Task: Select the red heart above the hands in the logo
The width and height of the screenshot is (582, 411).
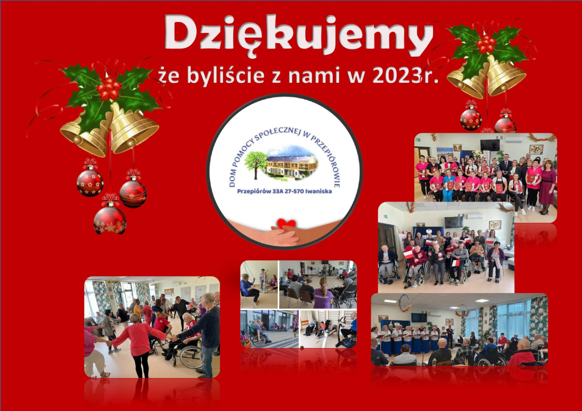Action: [x=286, y=223]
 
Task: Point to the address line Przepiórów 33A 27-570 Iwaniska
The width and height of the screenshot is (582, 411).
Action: [x=285, y=191]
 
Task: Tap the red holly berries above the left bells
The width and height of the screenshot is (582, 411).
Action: [x=109, y=88]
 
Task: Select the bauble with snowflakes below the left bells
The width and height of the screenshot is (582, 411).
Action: [x=110, y=220]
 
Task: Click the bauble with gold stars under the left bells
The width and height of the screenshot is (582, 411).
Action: [x=90, y=183]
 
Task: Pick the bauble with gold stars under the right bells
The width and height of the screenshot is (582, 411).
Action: [x=471, y=119]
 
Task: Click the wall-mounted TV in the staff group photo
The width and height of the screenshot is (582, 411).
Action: [x=490, y=145]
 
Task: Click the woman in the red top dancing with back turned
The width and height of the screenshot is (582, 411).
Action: [x=138, y=345]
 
